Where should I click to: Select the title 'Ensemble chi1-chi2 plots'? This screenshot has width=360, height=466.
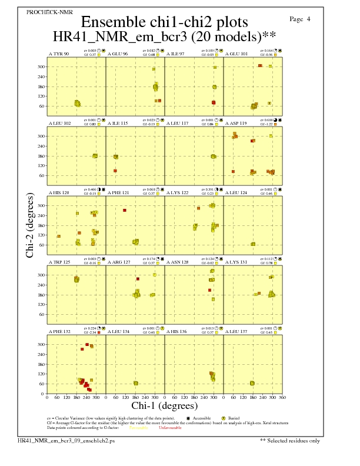tap(164, 22)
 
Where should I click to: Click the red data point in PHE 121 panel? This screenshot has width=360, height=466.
tap(125, 210)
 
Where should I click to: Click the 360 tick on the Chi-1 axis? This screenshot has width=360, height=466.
tap(282, 397)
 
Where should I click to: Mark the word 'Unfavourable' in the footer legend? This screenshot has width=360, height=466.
tap(169, 428)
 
